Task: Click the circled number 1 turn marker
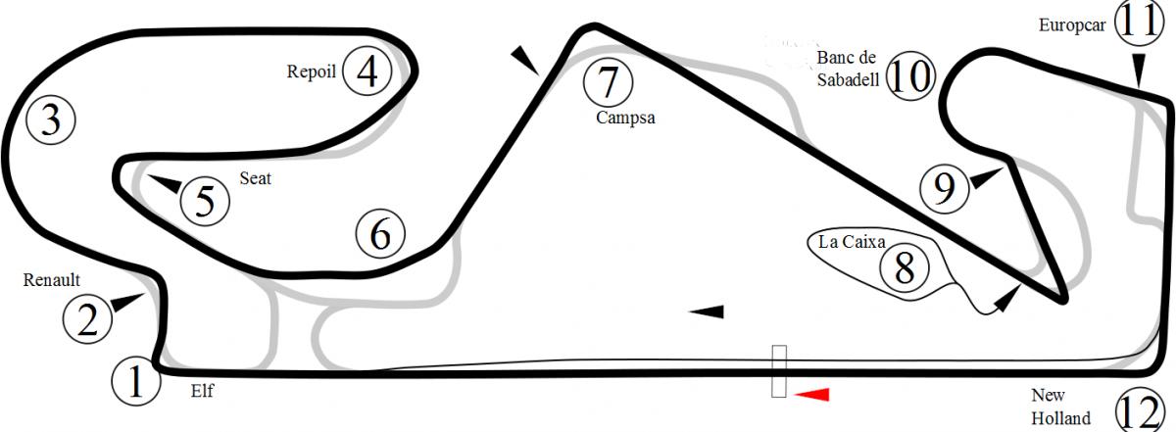[136, 381]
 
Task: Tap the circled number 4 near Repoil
[367, 71]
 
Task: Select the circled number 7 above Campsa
[608, 82]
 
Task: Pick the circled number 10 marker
[910, 76]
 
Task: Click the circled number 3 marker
[51, 120]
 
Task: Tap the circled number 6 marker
[380, 234]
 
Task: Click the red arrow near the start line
[811, 394]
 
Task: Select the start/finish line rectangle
[779, 371]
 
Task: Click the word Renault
[51, 280]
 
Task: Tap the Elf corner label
[202, 391]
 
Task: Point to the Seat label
[255, 178]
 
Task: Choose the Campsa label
[625, 118]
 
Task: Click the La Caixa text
[852, 241]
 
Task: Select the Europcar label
[1072, 25]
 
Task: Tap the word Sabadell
[848, 79]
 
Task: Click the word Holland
[1060, 418]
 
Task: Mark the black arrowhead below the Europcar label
[1138, 70]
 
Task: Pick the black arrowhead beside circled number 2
[127, 302]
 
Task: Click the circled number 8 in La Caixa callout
[905, 268]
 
